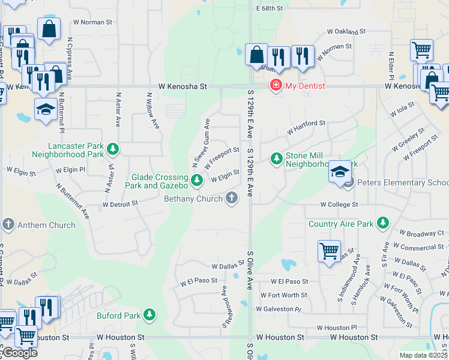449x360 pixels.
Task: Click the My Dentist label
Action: pos(304,86)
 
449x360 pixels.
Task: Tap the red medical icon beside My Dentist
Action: pos(276,86)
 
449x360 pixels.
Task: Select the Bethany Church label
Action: pos(194,199)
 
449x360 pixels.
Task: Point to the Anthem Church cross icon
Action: pos(8,225)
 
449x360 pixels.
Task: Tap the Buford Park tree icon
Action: pos(149,315)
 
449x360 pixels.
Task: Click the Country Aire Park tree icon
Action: pos(382,224)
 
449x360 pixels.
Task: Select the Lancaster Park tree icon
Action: pos(112,148)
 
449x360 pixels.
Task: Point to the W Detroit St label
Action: pos(120,204)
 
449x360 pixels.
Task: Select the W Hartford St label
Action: pos(306,127)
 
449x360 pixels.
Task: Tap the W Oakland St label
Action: pos(346,31)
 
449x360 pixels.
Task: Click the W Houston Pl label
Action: pos(336,328)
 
